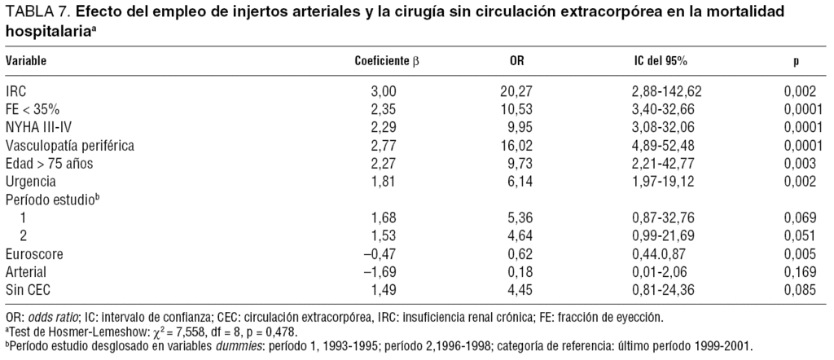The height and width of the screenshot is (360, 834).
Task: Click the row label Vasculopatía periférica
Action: coord(69,146)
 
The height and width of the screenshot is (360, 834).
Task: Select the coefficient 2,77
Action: coord(384,146)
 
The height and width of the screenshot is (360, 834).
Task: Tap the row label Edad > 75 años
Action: coord(49,164)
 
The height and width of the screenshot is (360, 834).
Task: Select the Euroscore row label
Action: coord(34,254)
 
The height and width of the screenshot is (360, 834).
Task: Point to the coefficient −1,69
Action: coord(380,272)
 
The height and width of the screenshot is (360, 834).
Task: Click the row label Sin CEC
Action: coord(29,290)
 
